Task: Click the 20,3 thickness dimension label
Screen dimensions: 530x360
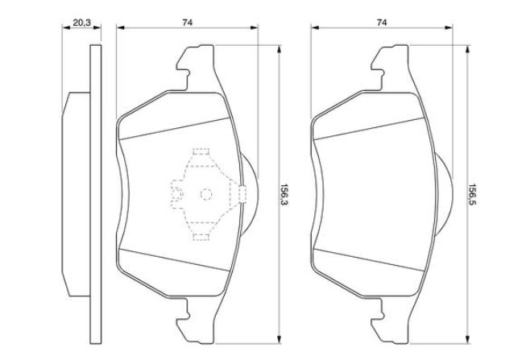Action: point(82,23)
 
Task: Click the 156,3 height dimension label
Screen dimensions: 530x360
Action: point(283,195)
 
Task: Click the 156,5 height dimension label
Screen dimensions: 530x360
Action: point(471,195)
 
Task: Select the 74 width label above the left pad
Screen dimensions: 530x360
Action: point(187,23)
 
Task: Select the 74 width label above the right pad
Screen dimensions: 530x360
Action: point(382,23)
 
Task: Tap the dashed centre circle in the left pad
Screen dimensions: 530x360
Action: point(206,194)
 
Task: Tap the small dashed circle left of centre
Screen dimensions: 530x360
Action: point(177,195)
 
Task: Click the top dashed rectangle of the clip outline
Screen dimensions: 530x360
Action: point(201,151)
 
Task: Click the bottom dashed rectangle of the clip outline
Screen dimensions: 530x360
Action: point(201,237)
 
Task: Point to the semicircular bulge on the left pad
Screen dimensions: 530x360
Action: point(251,193)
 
